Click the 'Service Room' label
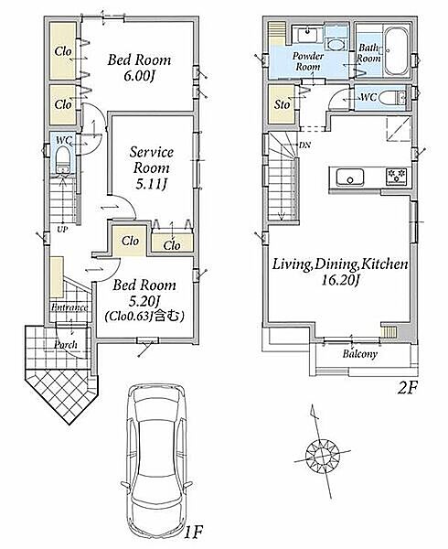(x=152, y=159)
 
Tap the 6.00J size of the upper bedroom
(x=139, y=76)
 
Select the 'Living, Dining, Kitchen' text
(x=340, y=264)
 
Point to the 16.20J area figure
(x=341, y=281)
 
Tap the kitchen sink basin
(x=350, y=178)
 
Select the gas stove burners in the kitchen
(x=396, y=176)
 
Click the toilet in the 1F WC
(x=63, y=159)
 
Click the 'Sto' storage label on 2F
(x=282, y=104)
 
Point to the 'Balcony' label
(x=360, y=354)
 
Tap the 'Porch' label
(x=66, y=345)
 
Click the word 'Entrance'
(x=69, y=307)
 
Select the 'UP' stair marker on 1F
(x=62, y=230)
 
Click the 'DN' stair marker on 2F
(x=304, y=145)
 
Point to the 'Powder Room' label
(x=308, y=61)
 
